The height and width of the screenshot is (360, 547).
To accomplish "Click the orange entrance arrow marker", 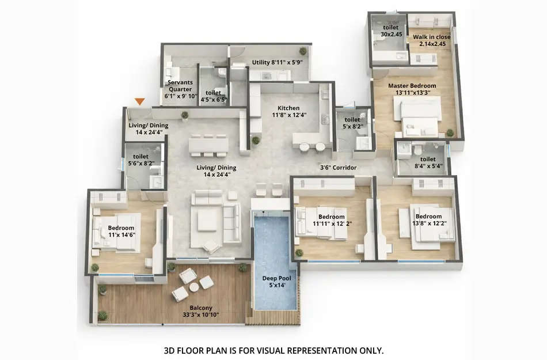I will tap(139, 101).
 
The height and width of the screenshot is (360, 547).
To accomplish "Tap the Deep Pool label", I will tap(276, 282).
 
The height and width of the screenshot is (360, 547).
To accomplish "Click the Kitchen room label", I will tap(288, 111).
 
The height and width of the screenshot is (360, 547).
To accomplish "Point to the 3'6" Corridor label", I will tap(339, 168).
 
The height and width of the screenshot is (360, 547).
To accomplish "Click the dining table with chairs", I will tap(208, 145).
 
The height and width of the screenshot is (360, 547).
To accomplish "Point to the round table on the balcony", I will tap(194, 286).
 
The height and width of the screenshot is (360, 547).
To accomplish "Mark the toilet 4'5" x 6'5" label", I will tap(213, 96).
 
